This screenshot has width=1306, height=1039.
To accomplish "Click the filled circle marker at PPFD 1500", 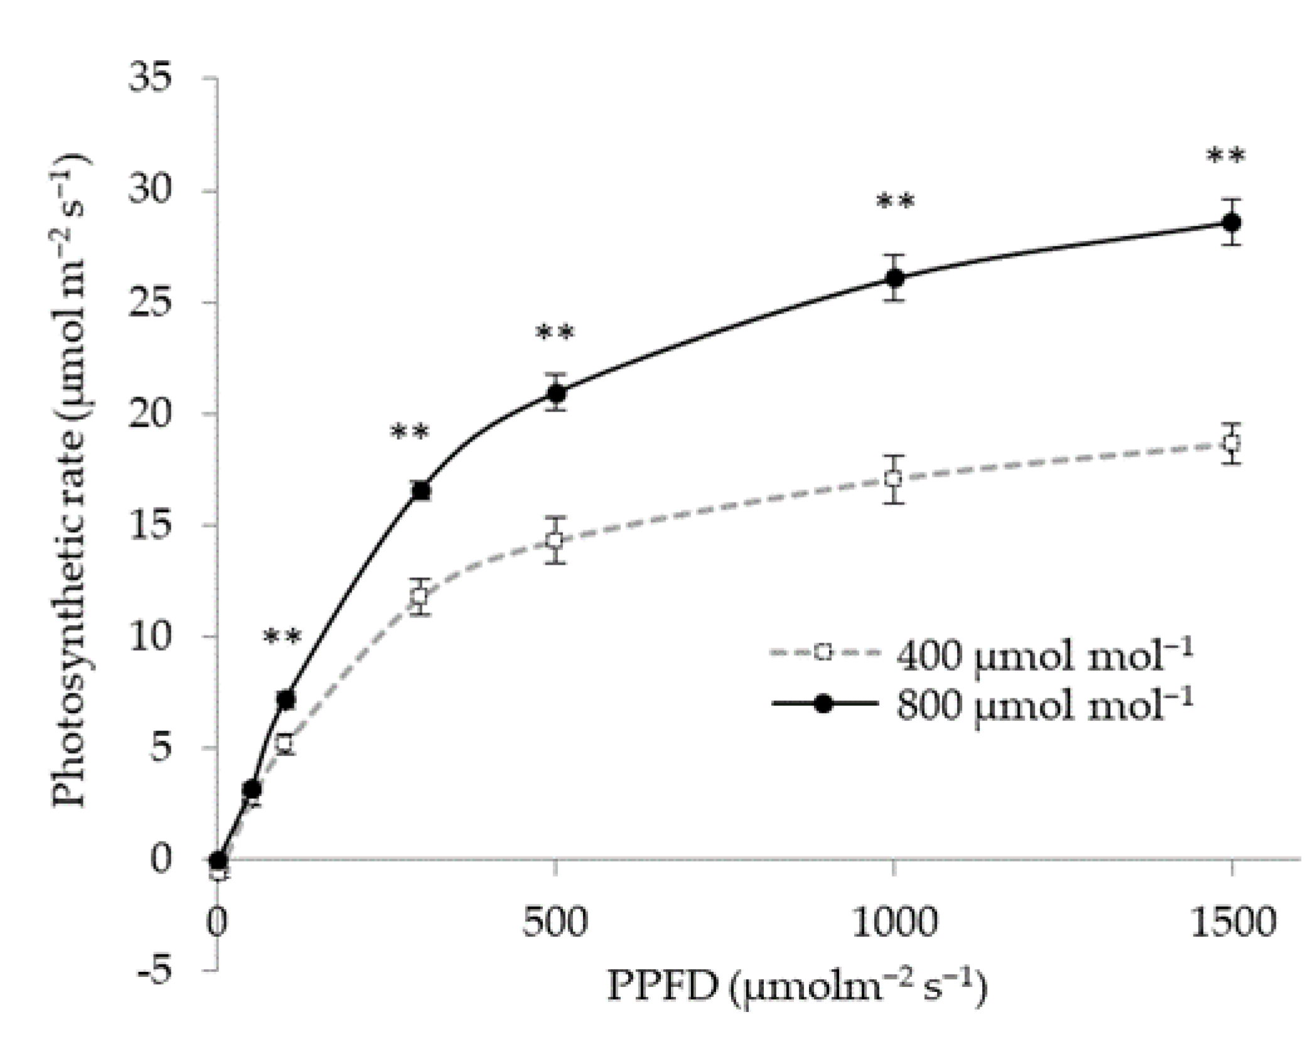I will point(1232,222).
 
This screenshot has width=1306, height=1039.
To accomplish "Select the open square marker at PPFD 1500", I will point(1232,443).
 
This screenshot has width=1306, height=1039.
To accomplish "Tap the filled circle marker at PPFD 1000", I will point(895,277).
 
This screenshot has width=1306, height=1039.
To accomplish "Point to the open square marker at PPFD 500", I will point(555,540).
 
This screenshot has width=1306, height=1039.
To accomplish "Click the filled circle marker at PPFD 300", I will point(422,491).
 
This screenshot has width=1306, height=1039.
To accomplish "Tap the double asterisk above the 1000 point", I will point(895,202).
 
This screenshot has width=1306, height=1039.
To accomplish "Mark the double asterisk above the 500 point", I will point(555,333).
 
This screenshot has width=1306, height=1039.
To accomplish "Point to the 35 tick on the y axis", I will point(150,79).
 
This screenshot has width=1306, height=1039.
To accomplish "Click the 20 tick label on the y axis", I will point(150,415).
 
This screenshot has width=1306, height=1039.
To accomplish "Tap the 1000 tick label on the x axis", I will point(894,924).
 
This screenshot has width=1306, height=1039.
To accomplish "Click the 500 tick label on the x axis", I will point(555,924).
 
